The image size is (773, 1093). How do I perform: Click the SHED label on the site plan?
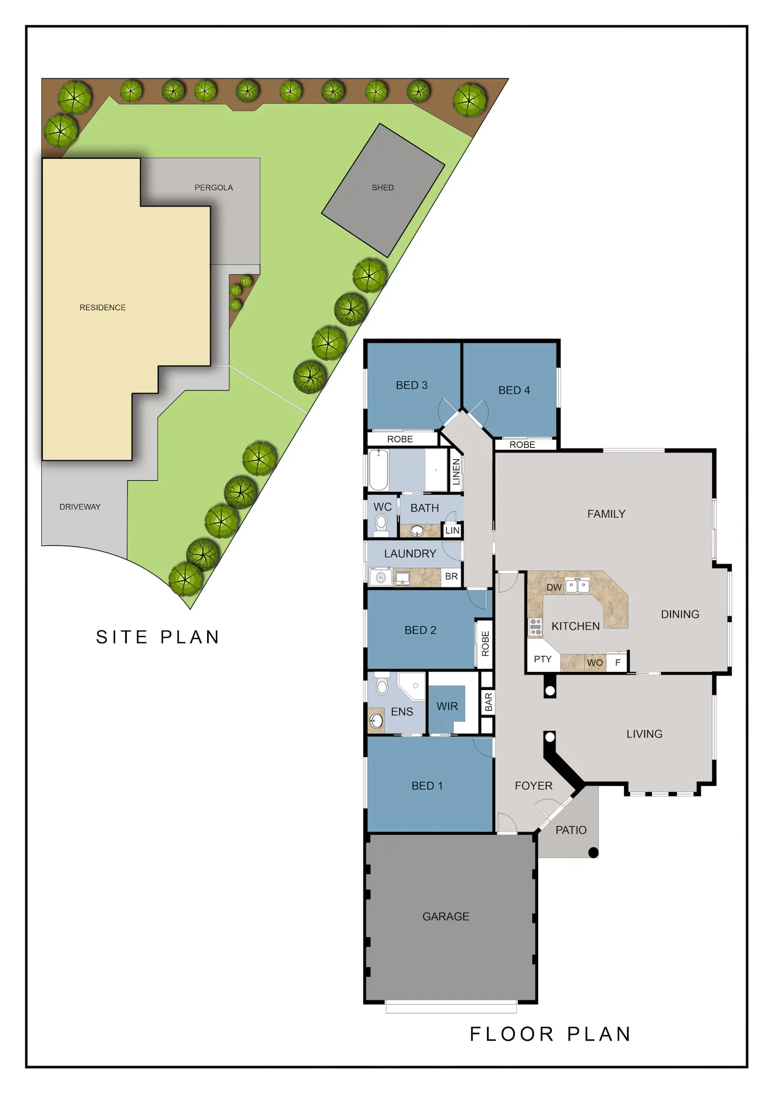[x=382, y=188]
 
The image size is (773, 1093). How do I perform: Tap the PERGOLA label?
[x=213, y=188]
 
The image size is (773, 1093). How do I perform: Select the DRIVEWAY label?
[x=80, y=507]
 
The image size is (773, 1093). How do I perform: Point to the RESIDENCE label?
[x=103, y=308]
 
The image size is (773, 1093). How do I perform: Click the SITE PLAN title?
[x=158, y=637]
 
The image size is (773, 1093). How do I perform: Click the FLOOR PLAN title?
[x=550, y=1034]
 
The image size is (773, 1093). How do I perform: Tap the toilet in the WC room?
[x=381, y=525]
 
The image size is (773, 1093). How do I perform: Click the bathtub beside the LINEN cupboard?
[x=379, y=469]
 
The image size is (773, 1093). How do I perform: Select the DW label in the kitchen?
[x=554, y=587]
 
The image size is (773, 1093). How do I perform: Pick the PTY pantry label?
[x=543, y=659]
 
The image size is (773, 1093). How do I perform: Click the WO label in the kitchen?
[x=595, y=663]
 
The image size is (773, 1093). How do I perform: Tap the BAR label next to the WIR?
[x=489, y=702]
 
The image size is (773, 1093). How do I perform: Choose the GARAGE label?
[x=446, y=916]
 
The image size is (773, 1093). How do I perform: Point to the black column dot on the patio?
[x=593, y=853]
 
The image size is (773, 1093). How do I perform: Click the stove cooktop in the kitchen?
[x=536, y=627]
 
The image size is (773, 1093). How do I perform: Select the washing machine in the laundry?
[x=381, y=577]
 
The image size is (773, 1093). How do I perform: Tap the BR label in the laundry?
[x=451, y=577]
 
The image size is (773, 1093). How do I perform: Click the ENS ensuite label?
[x=402, y=712]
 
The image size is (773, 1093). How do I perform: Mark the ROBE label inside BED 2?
[x=485, y=644]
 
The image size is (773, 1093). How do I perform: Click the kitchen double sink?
[x=577, y=586]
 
